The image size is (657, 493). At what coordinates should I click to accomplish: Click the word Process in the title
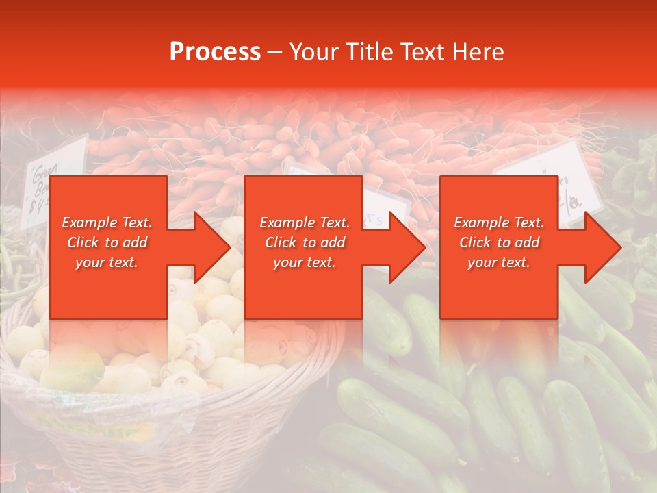click(215, 52)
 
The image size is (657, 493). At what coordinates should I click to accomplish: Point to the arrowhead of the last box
click(603, 247)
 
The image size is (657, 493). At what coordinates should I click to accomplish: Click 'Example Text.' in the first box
click(107, 223)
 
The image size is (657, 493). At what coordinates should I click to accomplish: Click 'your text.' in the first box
click(107, 262)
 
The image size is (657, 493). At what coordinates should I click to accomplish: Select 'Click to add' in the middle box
click(305, 242)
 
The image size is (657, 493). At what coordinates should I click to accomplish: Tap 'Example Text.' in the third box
click(499, 223)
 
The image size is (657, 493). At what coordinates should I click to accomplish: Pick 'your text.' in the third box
click(499, 262)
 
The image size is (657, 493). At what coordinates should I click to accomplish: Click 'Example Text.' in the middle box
click(305, 223)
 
